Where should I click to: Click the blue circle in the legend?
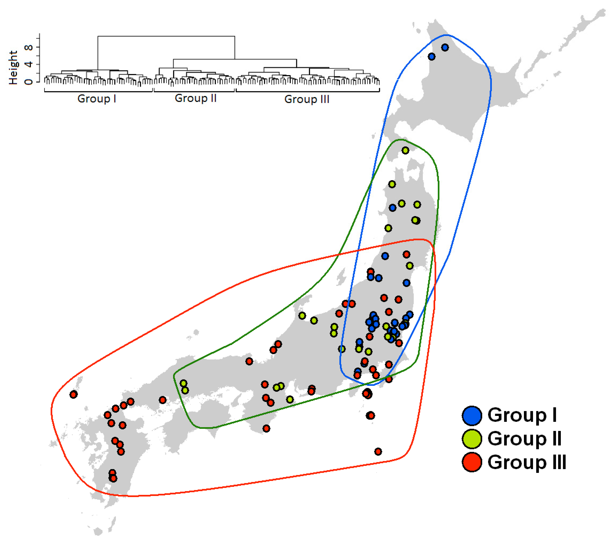pyautogui.click(x=472, y=416)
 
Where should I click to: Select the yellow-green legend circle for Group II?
pyautogui.click(x=472, y=439)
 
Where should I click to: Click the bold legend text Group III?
pyautogui.click(x=527, y=462)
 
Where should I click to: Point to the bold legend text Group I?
pyautogui.click(x=522, y=415)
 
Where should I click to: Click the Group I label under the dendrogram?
pyautogui.click(x=97, y=98)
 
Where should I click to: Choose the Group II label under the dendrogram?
pyautogui.click(x=196, y=98)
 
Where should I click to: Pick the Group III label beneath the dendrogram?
pyautogui.click(x=307, y=99)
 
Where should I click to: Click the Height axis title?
pyautogui.click(x=13, y=67)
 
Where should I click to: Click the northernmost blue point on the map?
pyautogui.click(x=445, y=47)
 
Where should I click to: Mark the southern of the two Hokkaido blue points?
pyautogui.click(x=431, y=56)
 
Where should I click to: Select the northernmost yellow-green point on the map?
pyautogui.click(x=405, y=150)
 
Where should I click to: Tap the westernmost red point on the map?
pyautogui.click(x=74, y=394)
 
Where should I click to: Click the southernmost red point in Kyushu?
pyautogui.click(x=113, y=479)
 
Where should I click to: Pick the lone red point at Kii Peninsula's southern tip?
pyautogui.click(x=266, y=428)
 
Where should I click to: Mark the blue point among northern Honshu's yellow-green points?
pyautogui.click(x=393, y=208)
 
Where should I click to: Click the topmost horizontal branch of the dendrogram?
pyautogui.click(x=166, y=36)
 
